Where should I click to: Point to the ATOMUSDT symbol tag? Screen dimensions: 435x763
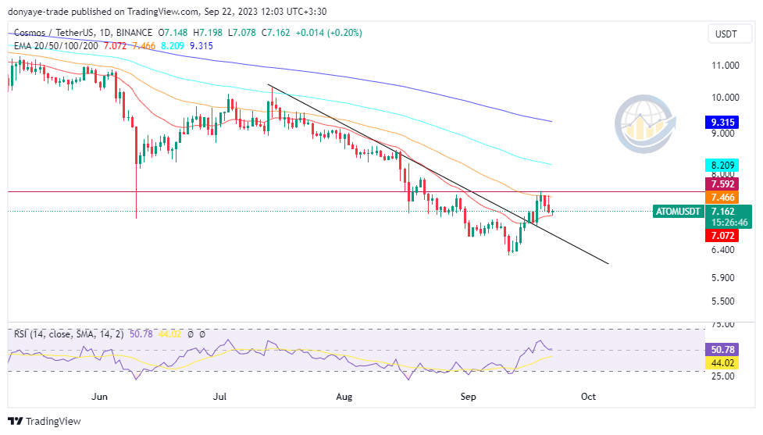(x=677, y=212)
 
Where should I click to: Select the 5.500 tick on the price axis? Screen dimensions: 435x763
(x=723, y=301)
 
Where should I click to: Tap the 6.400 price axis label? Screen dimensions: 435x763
(x=723, y=250)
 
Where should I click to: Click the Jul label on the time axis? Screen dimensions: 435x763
(x=219, y=397)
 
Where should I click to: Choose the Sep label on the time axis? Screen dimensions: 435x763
(x=468, y=397)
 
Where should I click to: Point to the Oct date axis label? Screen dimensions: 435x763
(x=588, y=397)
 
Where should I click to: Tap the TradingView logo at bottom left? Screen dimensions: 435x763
(x=45, y=421)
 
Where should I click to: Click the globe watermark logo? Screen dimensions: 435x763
(x=644, y=124)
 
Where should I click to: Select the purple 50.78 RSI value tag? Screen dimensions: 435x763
(x=720, y=349)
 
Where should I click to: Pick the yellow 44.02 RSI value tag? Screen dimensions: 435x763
(x=720, y=363)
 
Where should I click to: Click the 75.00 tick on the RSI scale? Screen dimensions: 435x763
(x=723, y=324)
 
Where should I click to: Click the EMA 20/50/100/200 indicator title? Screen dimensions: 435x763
(x=56, y=46)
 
